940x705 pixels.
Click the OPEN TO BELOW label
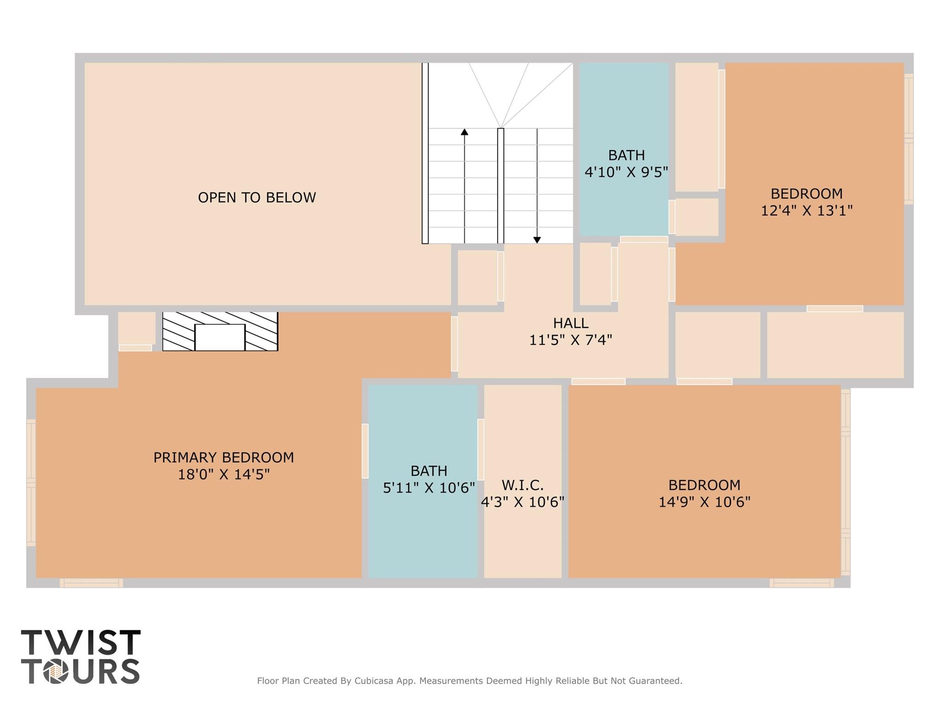click(257, 197)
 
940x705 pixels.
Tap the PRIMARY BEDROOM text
click(224, 457)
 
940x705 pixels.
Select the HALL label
click(571, 323)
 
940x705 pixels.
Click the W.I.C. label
click(523, 485)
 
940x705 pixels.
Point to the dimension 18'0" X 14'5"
click(224, 474)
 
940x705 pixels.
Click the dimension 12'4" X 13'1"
click(807, 211)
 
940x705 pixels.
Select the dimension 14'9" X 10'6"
click(704, 502)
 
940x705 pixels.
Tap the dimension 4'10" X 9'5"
click(626, 172)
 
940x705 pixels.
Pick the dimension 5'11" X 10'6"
click(429, 488)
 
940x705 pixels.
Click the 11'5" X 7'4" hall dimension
click(571, 340)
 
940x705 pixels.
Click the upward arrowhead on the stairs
click(464, 132)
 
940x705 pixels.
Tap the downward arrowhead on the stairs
click(537, 240)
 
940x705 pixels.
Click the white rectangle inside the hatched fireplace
click(220, 338)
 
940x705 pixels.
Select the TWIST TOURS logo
click(81, 656)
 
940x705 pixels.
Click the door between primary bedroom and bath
click(365, 451)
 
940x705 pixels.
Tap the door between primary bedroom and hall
click(454, 344)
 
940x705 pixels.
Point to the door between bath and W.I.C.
click(481, 450)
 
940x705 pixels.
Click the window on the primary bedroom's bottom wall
click(91, 583)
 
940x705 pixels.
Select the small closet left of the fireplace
click(136, 328)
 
